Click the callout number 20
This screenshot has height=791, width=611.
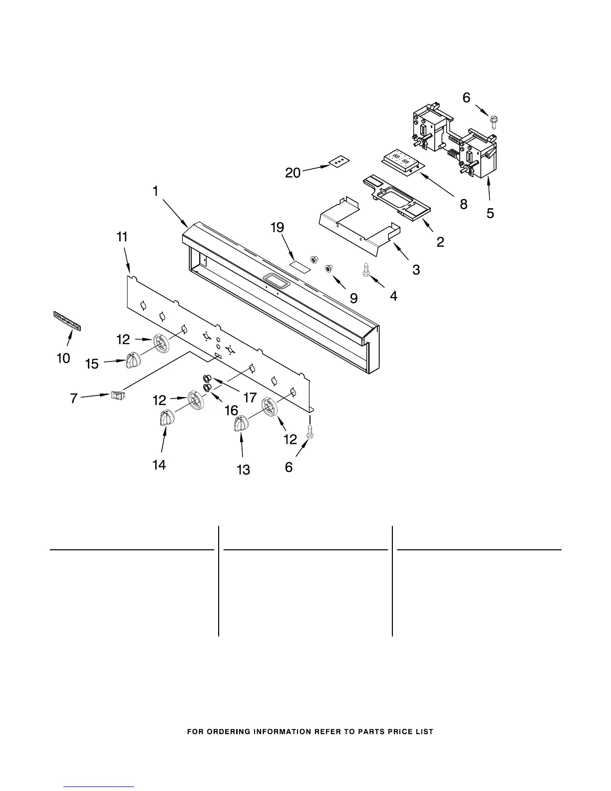[293, 173]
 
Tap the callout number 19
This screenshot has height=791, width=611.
[278, 228]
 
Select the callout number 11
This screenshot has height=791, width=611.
[122, 237]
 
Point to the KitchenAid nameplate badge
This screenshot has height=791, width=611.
[67, 320]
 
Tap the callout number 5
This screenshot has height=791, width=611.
[490, 213]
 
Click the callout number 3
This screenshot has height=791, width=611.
[416, 270]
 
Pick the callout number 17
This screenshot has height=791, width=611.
[250, 397]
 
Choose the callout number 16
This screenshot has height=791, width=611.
[231, 410]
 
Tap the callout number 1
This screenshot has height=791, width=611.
[156, 191]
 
